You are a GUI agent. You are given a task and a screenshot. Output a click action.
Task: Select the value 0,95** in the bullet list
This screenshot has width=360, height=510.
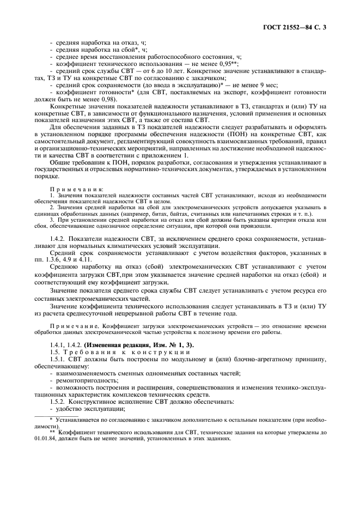pyautogui.click(x=229, y=64)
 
